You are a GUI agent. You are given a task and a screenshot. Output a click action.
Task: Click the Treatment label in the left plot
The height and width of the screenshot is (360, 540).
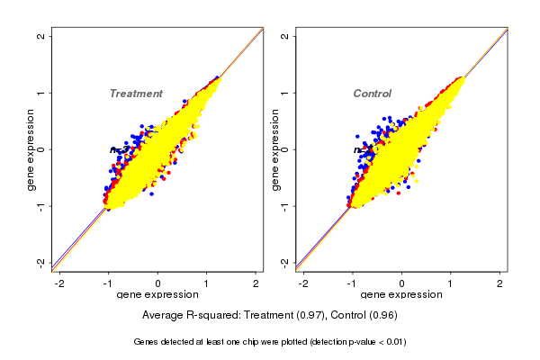136,94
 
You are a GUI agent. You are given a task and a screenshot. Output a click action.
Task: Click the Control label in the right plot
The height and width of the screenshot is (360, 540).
373,94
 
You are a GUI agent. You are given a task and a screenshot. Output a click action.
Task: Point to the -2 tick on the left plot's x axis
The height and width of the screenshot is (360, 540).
59,283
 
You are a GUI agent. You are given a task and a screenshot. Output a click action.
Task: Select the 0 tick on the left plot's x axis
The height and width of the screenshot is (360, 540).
158,283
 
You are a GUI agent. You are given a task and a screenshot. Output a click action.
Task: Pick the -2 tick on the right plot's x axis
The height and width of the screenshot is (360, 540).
303,283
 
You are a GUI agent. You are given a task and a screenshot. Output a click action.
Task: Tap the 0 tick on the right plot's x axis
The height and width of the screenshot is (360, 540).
402,283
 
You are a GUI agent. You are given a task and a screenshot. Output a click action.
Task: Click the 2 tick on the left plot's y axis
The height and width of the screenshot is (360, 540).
41,36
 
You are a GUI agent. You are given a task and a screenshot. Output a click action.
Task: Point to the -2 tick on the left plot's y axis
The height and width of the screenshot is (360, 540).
41,262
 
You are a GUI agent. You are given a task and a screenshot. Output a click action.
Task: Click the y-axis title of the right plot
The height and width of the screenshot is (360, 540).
274,149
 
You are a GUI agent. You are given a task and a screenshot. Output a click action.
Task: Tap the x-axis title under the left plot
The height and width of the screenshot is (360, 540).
158,295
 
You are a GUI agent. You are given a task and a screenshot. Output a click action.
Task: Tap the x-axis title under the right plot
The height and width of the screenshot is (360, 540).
402,295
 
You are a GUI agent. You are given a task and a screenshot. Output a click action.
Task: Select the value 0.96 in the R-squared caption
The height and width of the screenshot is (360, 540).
382,315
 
